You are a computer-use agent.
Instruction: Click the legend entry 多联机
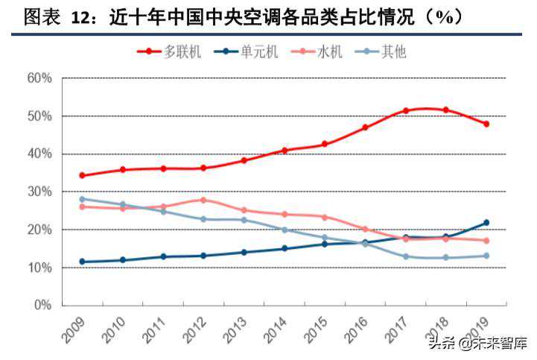click(169, 51)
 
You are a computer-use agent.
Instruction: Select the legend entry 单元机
click(246, 51)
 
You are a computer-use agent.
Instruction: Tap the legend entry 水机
click(317, 51)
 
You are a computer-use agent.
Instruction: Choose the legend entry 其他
click(381, 51)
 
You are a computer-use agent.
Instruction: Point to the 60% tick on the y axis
click(39, 78)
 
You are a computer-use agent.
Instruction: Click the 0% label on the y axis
click(42, 305)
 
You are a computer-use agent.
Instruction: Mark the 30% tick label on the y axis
click(39, 192)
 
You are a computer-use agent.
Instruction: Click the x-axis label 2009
click(73, 330)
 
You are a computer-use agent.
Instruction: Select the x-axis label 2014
click(275, 330)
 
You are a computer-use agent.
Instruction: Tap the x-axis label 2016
click(356, 330)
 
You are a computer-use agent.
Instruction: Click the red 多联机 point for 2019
click(486, 124)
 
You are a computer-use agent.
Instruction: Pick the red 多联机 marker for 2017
click(406, 111)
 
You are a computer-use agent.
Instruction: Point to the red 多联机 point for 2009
click(82, 175)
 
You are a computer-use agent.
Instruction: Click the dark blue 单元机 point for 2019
click(486, 223)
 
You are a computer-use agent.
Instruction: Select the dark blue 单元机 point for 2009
click(82, 262)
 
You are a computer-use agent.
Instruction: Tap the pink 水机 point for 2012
click(203, 200)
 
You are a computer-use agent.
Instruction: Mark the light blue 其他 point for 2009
click(82, 199)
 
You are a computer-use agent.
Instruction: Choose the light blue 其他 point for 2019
click(486, 256)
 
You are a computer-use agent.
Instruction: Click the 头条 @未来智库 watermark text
click(478, 343)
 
